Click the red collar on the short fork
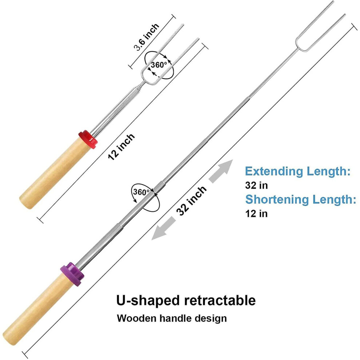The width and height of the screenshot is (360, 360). (x=88, y=139)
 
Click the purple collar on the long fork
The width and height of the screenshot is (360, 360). (x=72, y=274)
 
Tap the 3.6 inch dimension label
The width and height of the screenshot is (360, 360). (x=147, y=37)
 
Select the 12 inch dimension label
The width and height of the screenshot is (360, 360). (x=121, y=147)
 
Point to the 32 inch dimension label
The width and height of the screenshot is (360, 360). (x=192, y=201)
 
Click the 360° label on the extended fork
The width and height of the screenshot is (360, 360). (x=141, y=192)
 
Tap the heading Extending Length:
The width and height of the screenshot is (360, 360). (x=298, y=171)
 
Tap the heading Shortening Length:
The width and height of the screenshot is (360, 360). (x=300, y=199)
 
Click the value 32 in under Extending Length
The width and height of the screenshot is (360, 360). (x=256, y=185)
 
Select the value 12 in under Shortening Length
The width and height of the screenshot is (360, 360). (x=256, y=213)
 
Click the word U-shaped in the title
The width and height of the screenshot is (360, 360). (x=148, y=300)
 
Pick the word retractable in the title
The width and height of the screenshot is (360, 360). (x=220, y=300)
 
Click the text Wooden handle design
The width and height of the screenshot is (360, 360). (x=172, y=319)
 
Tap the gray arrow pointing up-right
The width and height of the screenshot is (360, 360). (x=221, y=171)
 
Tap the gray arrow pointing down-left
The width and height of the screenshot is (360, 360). (x=164, y=228)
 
